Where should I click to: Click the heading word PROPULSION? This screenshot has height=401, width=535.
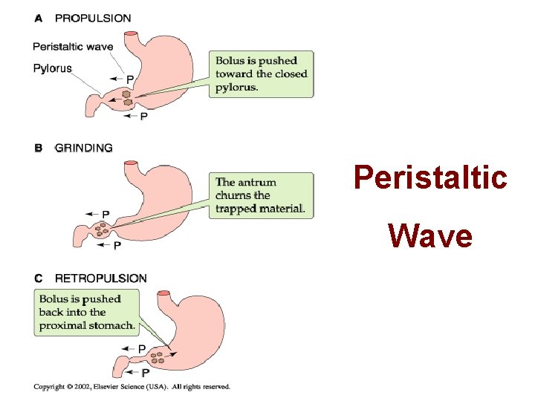click(93, 18)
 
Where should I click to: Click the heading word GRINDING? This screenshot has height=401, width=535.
click(84, 148)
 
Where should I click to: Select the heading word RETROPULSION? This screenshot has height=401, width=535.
click(101, 278)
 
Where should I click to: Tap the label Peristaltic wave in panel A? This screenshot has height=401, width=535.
click(73, 47)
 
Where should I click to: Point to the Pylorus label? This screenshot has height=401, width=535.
click(52, 68)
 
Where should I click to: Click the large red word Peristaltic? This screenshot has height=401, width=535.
click(430, 178)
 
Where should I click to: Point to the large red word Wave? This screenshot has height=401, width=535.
click(430, 236)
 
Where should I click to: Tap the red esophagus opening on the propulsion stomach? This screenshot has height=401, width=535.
click(132, 34)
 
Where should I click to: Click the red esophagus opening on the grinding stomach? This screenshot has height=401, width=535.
click(132, 163)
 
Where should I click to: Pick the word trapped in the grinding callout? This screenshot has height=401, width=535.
click(235, 209)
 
